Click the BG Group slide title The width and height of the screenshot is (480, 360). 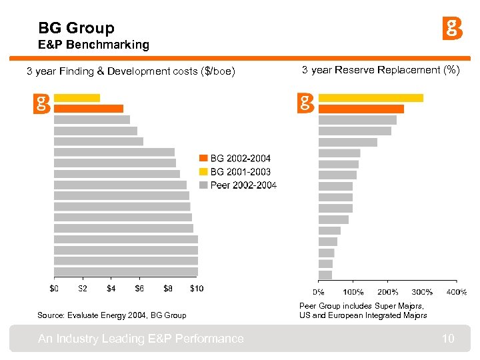pos(76,28)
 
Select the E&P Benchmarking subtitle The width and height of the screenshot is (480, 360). pos(94,45)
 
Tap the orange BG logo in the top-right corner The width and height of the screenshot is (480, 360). pos(453,29)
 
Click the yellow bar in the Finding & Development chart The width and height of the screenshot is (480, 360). pos(77,98)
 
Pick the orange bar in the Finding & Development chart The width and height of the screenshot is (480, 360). pos(89,109)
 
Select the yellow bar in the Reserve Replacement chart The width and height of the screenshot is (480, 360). pos(371,98)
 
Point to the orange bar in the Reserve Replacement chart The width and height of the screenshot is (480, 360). pos(361,109)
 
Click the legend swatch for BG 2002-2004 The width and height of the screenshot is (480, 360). pos(204,158)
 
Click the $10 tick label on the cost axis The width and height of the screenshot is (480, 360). pos(197,289)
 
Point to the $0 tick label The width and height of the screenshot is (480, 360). pos(54,289)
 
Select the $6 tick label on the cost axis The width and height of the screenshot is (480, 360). pos(139,289)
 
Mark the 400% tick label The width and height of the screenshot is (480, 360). pos(457,292)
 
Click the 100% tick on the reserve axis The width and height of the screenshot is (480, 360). pos(353,292)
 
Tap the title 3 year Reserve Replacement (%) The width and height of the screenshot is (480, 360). pos(381,70)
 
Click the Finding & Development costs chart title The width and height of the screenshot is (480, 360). pos(131,71)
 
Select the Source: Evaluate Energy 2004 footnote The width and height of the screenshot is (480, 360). pos(111,315)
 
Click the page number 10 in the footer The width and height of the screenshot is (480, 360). pos(448,339)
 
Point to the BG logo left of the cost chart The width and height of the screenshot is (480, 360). pos(42,104)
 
